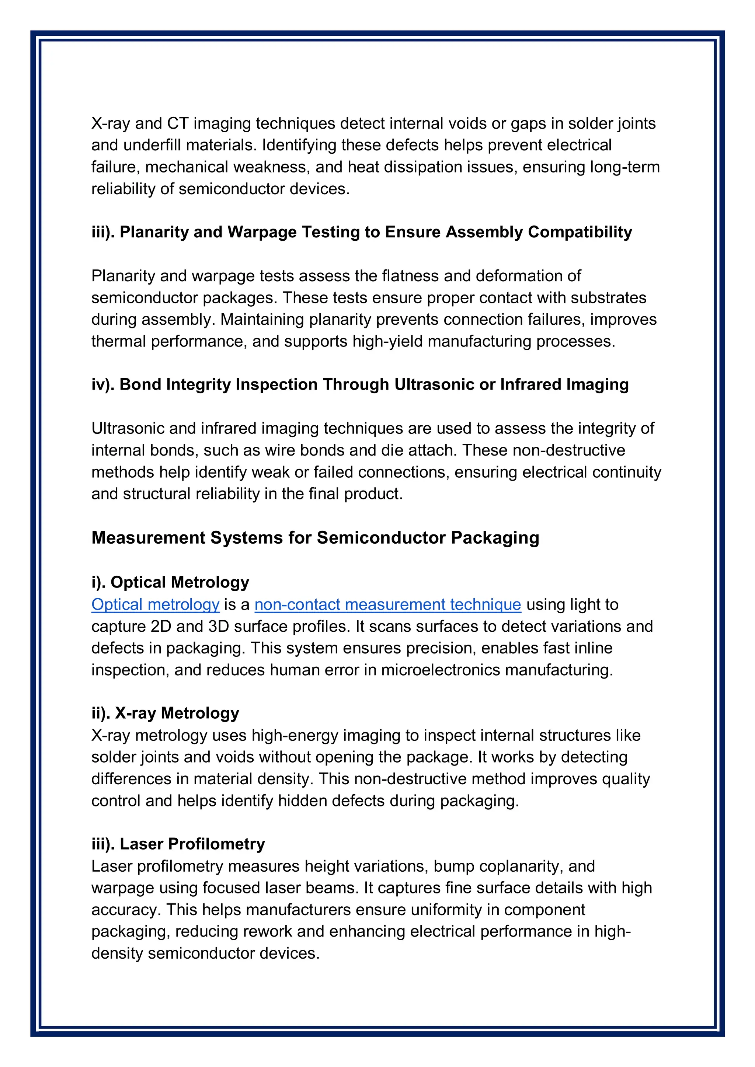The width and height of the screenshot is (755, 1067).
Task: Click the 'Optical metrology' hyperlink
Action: point(155,604)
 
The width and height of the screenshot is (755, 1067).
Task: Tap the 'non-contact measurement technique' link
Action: point(388,604)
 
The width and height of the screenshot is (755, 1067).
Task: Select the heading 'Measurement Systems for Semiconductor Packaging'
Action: point(315,538)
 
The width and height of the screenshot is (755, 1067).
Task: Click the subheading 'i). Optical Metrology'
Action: point(170,582)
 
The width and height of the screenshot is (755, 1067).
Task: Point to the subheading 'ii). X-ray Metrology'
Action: point(165,713)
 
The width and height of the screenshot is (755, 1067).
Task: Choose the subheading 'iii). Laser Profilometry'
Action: point(178,844)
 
